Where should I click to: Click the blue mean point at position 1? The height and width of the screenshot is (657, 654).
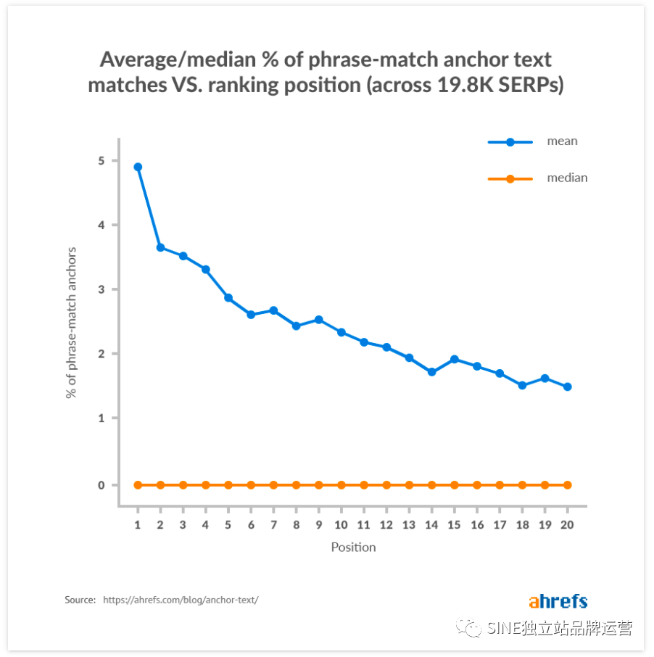point(138,167)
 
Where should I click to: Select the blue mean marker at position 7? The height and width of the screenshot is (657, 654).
point(273,310)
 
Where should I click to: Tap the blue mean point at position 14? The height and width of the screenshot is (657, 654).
point(432,372)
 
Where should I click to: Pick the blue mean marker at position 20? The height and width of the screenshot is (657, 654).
point(568,387)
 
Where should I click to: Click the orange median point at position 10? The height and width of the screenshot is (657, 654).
point(342,484)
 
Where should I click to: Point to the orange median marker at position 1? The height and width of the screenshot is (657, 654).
point(138,484)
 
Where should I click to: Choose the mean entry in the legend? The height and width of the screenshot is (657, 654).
point(562,141)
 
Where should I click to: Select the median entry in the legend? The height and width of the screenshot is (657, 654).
point(566,178)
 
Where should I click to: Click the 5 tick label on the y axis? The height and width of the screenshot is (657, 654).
point(102,160)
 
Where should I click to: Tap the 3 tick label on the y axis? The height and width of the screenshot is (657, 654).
point(102,289)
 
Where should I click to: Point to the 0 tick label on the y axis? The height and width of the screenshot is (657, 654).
point(102,484)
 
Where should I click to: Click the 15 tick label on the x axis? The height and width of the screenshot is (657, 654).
point(455,524)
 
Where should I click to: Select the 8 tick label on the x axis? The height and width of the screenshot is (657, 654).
point(296,524)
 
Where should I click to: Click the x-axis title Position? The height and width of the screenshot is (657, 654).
point(353,547)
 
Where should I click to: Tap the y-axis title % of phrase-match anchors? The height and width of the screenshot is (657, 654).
point(71,323)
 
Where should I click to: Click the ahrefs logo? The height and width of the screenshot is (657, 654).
point(558,601)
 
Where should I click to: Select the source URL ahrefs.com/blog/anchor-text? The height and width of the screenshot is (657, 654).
point(181,600)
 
